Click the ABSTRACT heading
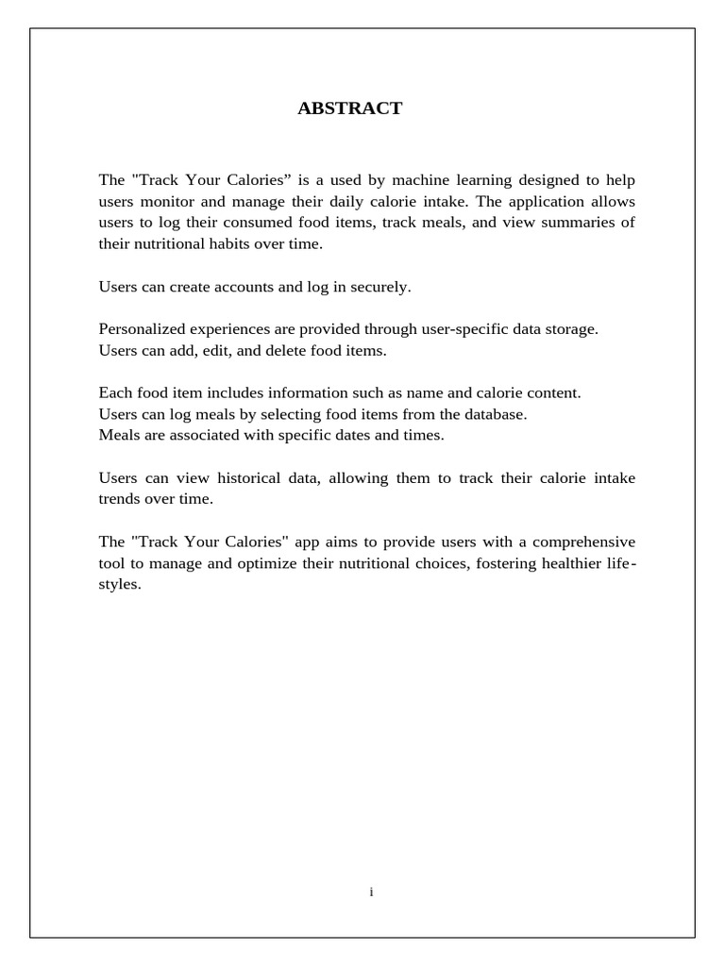[x=349, y=108]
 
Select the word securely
[x=377, y=287]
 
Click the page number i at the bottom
[x=371, y=891]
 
